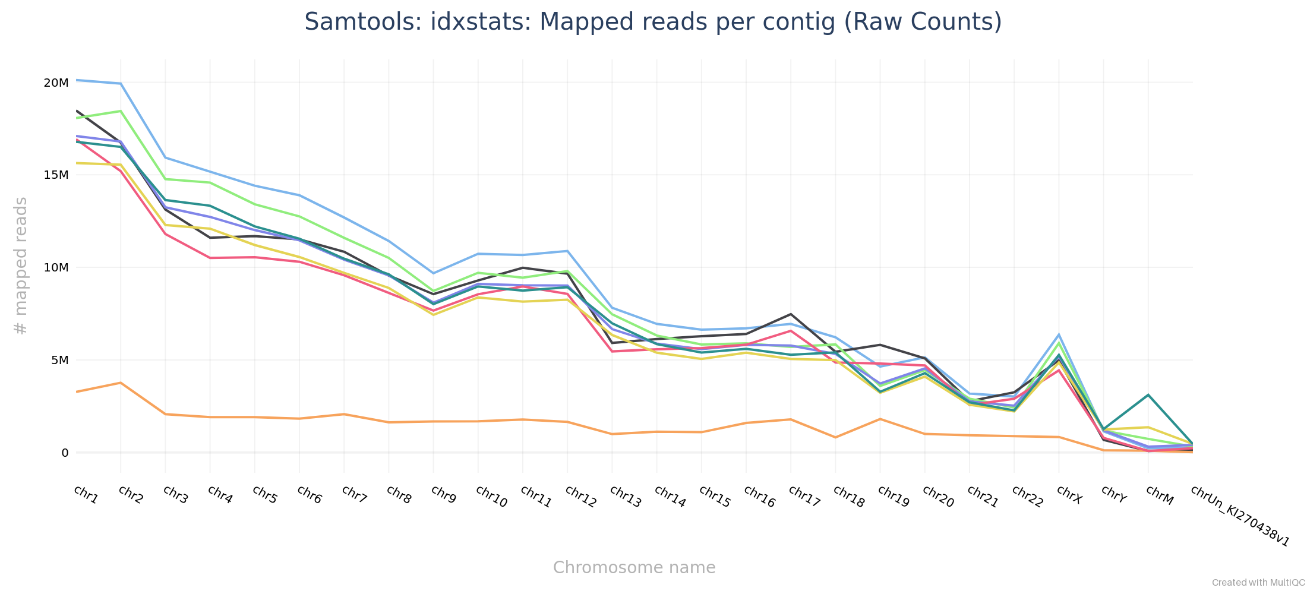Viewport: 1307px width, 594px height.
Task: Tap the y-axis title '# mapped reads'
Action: coord(21,266)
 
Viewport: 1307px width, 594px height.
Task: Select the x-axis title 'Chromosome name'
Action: coord(634,568)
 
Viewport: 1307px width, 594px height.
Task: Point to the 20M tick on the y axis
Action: coord(56,83)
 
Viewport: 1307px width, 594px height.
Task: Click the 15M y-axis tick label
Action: coord(56,175)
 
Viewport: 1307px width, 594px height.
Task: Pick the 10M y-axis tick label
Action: coord(56,267)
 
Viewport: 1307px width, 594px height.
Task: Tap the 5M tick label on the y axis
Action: coord(59,360)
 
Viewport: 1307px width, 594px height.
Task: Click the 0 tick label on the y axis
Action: coord(65,453)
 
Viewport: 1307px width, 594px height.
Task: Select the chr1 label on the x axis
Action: coord(86,494)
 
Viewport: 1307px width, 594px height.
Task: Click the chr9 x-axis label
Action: coord(443,494)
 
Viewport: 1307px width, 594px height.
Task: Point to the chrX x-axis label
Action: coord(1069,494)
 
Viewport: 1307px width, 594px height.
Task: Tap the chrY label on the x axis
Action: coord(1113,494)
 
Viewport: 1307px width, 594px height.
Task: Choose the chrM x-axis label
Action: coord(1159,495)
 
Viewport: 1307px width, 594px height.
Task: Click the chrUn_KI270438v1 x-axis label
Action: coord(1240,516)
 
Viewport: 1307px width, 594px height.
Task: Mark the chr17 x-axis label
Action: coord(804,497)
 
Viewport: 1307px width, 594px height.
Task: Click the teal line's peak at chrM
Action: coord(1148,395)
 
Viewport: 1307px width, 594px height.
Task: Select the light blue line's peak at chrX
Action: coord(1059,335)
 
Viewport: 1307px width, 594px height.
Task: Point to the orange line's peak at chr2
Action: coord(121,383)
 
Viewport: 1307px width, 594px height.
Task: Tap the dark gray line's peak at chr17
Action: coord(791,314)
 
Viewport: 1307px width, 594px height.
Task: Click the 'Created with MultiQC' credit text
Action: coord(1258,583)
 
